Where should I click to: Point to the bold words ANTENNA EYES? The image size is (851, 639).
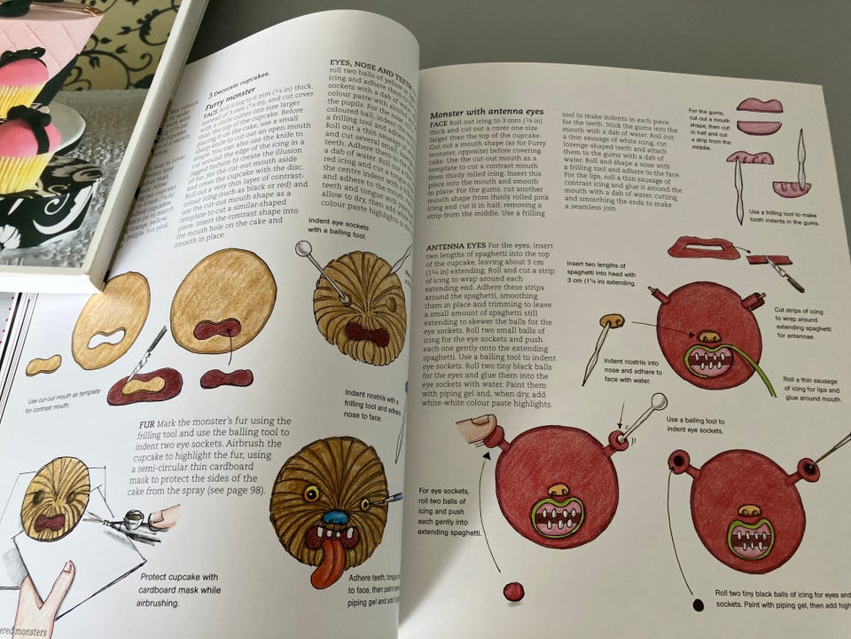click(455, 244)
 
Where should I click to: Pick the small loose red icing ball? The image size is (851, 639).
click(512, 591)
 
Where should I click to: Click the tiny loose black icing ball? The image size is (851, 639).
click(699, 604)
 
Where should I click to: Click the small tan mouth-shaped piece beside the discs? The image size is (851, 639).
click(43, 365)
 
